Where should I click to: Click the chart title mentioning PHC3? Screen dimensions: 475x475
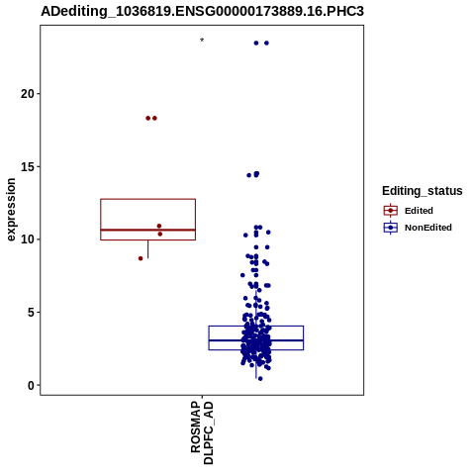[x=202, y=11]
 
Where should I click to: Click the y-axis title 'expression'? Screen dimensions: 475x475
[x=11, y=210]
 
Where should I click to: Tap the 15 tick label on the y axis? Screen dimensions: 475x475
[x=28, y=166]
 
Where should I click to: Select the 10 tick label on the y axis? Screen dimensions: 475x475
[x=28, y=239]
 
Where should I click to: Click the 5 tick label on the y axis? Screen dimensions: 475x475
[x=31, y=312]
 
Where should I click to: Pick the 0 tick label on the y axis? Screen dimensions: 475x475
[x=31, y=385]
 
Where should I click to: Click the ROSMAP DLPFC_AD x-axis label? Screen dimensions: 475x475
[x=202, y=432]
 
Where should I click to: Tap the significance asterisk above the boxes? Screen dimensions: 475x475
[x=202, y=41]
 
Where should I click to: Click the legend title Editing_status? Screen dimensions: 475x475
[x=423, y=191]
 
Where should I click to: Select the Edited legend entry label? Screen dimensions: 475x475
[x=419, y=211]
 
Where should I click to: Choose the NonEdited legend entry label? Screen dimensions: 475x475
[x=428, y=228]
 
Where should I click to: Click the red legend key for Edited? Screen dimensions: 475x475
[x=391, y=211]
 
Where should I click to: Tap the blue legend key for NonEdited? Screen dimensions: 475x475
[x=391, y=228]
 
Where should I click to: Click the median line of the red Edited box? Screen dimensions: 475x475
[x=148, y=230]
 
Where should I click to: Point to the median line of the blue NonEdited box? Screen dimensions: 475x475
[x=256, y=340]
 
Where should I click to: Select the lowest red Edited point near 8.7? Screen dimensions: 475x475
[x=141, y=258]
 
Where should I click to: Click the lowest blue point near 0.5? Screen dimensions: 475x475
[x=260, y=379]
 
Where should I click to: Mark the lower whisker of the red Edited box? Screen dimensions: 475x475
[x=147, y=249]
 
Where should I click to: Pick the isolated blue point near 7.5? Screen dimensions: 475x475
[x=242, y=275]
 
